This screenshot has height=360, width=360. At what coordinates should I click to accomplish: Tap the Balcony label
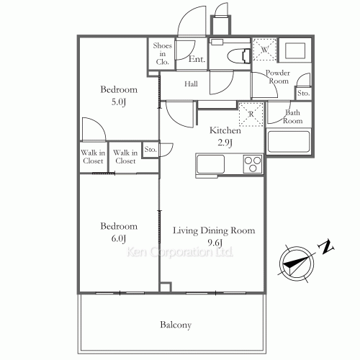pyautogui.click(x=176, y=325)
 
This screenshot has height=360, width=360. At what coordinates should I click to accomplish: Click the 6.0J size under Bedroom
pyautogui.click(x=113, y=238)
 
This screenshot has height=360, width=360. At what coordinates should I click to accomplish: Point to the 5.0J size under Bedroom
pyautogui.click(x=113, y=102)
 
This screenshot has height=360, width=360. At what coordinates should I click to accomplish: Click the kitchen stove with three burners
pyautogui.click(x=253, y=164)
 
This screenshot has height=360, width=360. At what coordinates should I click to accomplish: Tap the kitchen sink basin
pyautogui.click(x=212, y=165)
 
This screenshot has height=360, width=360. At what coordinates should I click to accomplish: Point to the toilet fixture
pyautogui.click(x=234, y=54)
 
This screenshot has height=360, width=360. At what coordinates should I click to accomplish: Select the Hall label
pyautogui.click(x=192, y=84)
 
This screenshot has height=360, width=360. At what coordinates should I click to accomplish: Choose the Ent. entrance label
pyautogui.click(x=197, y=60)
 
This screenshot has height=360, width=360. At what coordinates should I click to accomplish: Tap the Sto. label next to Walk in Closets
pyautogui.click(x=150, y=150)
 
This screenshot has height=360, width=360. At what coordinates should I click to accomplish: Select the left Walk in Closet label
pyautogui.click(x=92, y=156)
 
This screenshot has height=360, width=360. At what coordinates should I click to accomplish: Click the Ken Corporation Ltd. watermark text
pyautogui.click(x=180, y=252)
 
